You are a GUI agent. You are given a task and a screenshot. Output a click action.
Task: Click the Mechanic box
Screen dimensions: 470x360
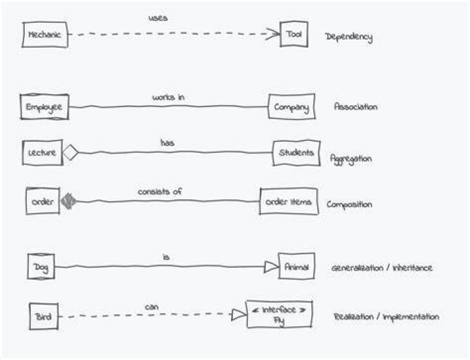pyautogui.click(x=45, y=35)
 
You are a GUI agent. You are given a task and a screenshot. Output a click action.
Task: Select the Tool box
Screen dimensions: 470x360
pyautogui.click(x=294, y=34)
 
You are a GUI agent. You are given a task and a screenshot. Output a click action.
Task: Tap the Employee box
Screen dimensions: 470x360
pyautogui.click(x=44, y=106)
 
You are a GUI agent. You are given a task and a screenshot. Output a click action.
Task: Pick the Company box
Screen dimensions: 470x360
pyautogui.click(x=292, y=106)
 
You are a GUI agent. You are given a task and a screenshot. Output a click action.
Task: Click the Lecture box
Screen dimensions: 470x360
pyautogui.click(x=42, y=152)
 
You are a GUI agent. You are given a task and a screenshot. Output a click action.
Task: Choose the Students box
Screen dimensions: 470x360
pyautogui.click(x=296, y=153)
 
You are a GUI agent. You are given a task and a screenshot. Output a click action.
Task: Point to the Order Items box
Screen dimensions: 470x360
pyautogui.click(x=289, y=201)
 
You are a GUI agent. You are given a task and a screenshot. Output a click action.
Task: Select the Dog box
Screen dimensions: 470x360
pyautogui.click(x=41, y=267)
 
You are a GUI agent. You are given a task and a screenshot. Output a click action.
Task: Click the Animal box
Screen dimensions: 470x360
pyautogui.click(x=296, y=266)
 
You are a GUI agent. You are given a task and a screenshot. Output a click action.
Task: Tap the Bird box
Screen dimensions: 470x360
pyautogui.click(x=44, y=316)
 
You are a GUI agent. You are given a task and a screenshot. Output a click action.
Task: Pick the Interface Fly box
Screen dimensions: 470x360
pyautogui.click(x=279, y=314)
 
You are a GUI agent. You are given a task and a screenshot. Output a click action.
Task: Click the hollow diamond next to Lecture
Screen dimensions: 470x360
pyautogui.click(x=70, y=152)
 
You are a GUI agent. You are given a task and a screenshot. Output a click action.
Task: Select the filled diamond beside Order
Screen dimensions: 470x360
pyautogui.click(x=69, y=201)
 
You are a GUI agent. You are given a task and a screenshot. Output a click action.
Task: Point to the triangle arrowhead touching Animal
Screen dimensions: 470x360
pyautogui.click(x=271, y=267)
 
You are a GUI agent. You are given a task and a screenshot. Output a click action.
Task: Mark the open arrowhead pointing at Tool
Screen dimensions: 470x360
pyautogui.click(x=273, y=34)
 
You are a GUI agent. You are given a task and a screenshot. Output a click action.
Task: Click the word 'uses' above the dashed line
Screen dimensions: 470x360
pyautogui.click(x=158, y=18)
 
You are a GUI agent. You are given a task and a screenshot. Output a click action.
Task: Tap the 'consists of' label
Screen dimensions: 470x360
pyautogui.click(x=160, y=191)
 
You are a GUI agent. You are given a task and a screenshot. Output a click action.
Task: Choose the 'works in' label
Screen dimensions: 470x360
pyautogui.click(x=168, y=97)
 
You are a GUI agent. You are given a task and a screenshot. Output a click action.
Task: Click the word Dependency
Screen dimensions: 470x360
pyautogui.click(x=349, y=37)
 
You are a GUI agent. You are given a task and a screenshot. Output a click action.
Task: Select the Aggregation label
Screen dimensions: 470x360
pyautogui.click(x=351, y=159)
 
